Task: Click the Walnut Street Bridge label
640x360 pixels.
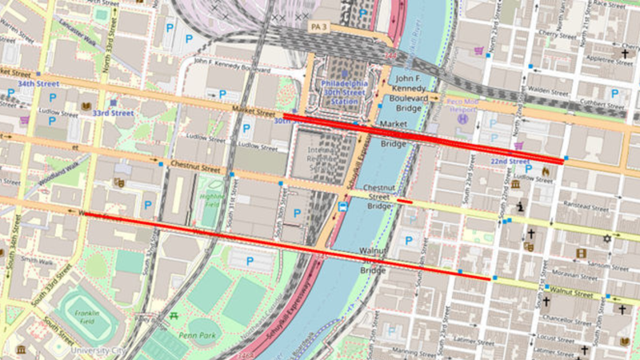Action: (373, 260)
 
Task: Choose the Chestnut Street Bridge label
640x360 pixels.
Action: (378, 197)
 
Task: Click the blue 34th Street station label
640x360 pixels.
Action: (38, 83)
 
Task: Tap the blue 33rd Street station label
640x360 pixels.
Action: (112, 113)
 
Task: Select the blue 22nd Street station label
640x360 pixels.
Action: (509, 161)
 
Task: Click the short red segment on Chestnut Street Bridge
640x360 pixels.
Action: (404, 202)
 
